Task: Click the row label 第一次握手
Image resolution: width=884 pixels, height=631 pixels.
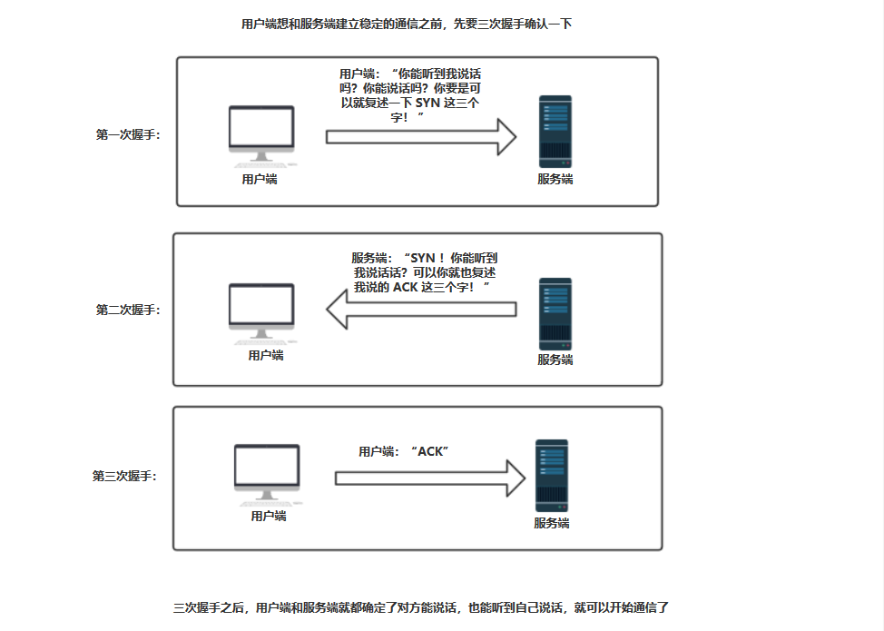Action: coord(128,135)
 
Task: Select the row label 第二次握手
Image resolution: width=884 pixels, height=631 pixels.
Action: coord(128,310)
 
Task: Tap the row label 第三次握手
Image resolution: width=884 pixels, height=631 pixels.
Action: coord(124,476)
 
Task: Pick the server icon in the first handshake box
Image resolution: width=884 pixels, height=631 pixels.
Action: coord(555,131)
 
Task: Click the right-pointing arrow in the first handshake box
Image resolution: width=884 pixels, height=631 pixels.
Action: coord(421,137)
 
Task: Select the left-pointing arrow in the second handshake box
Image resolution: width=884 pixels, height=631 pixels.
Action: coord(421,310)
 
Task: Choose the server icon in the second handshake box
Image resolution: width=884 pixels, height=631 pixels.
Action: coord(555,313)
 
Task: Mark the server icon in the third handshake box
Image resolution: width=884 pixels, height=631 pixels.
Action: coord(551,476)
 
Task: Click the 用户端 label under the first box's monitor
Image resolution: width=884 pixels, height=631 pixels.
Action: coord(260,180)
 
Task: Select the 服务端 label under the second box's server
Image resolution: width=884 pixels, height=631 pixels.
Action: coord(555,360)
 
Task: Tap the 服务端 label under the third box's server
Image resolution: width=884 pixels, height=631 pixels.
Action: coord(551,524)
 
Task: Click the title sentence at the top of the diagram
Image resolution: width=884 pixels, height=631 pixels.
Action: coord(407,25)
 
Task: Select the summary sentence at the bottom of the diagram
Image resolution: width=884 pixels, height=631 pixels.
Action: coord(420,607)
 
